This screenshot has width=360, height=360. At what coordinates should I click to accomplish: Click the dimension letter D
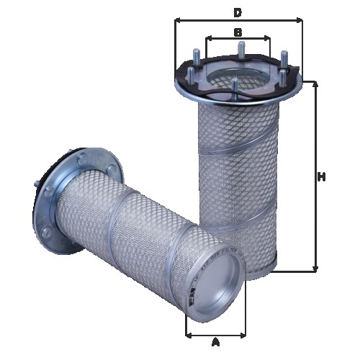(237, 12)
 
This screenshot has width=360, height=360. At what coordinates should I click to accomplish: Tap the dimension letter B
(238, 32)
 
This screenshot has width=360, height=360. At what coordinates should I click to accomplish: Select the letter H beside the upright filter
(323, 177)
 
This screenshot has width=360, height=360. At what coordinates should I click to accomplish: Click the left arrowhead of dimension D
(177, 22)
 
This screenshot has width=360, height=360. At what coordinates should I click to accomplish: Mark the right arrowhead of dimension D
(301, 22)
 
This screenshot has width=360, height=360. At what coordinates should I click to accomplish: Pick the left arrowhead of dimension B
(207, 40)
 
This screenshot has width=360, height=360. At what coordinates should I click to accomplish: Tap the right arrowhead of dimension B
(269, 40)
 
